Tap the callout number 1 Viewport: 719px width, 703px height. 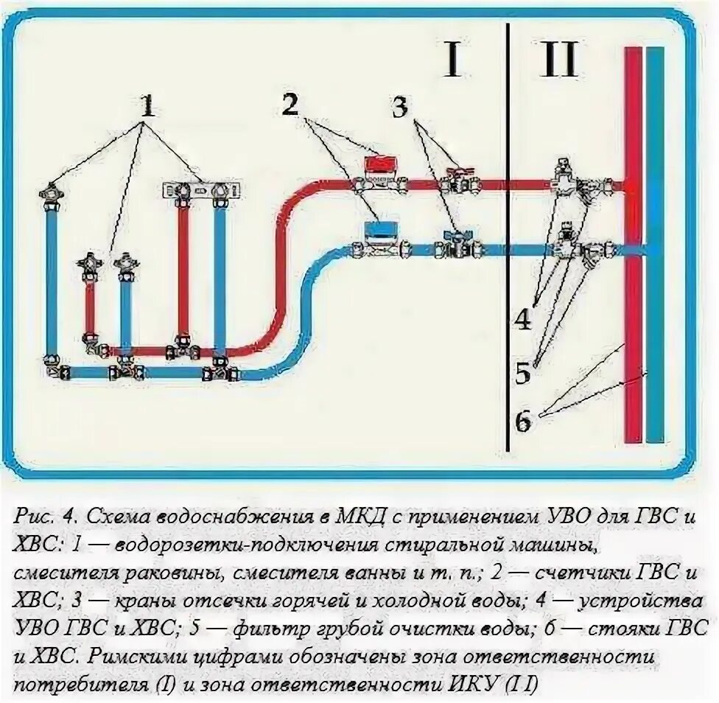click(147, 106)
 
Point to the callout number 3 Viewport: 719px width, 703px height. click(400, 106)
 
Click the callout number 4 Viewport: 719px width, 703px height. click(523, 319)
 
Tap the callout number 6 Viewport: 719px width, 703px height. click(522, 420)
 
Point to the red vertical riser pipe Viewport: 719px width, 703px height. click(634, 245)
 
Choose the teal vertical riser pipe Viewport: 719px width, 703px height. click(655, 245)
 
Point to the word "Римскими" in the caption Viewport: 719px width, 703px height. click(138, 657)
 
